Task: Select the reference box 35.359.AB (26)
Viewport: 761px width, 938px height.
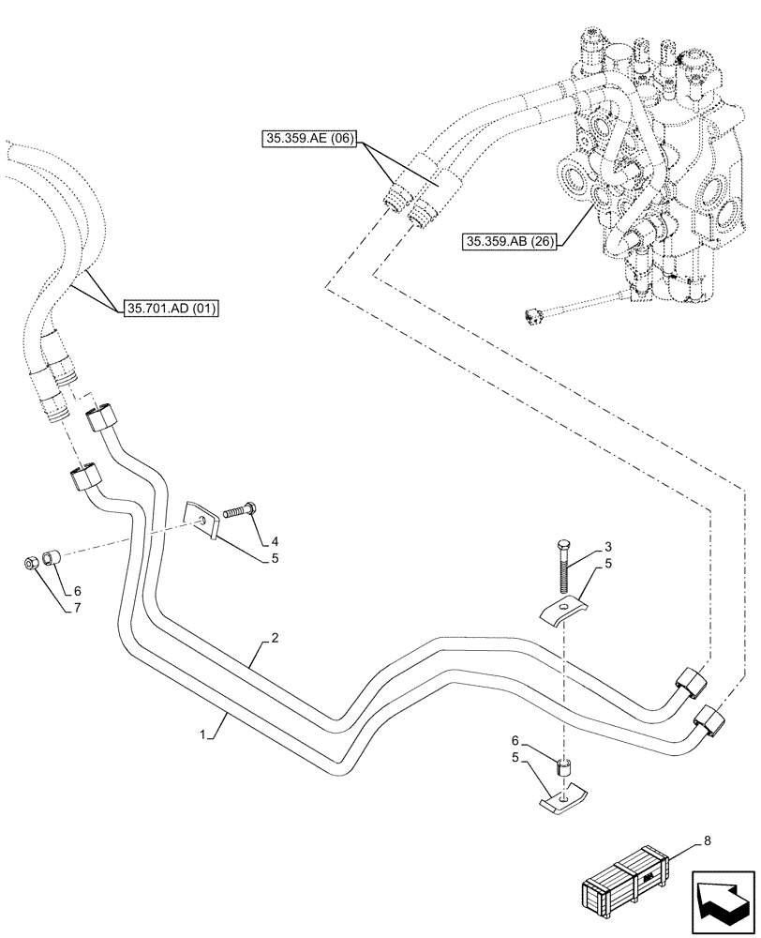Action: point(510,242)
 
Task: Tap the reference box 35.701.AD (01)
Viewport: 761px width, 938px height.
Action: point(170,307)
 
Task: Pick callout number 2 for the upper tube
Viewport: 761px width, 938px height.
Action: point(275,638)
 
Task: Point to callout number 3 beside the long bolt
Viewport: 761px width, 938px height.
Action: point(608,546)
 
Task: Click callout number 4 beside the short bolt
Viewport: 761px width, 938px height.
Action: point(274,540)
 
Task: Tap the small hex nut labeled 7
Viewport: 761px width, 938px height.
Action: point(30,565)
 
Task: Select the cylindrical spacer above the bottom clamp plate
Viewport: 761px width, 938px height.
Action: point(564,767)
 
